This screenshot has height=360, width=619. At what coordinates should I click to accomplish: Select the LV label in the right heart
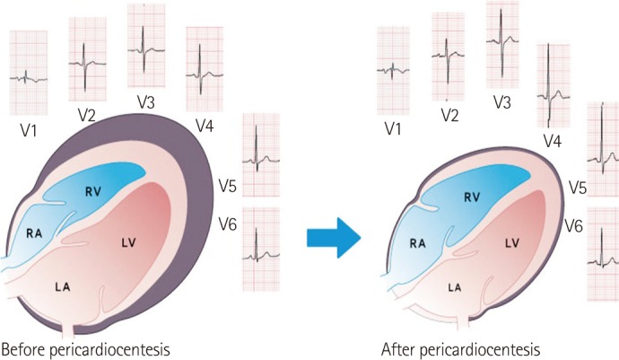click(512, 242)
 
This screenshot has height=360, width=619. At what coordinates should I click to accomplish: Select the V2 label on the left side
click(86, 115)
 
